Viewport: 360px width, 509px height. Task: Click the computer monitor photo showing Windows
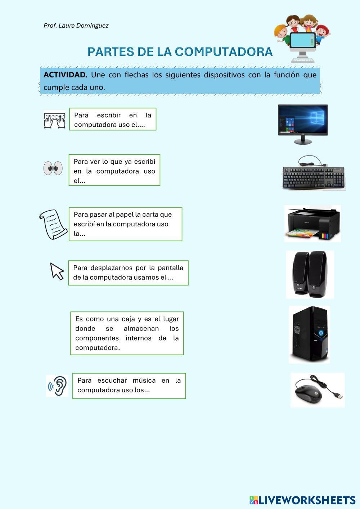[303, 124]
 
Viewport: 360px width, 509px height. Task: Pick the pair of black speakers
[310, 274]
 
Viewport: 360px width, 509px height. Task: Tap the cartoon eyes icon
[53, 168]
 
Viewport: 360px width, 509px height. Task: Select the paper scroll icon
[53, 224]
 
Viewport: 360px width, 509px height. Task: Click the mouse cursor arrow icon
[57, 271]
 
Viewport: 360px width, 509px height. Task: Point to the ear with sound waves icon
[58, 386]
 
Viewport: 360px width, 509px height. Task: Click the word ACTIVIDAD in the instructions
[66, 75]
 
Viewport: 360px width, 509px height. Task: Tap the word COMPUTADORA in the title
[224, 51]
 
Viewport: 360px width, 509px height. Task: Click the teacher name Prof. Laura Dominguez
[76, 26]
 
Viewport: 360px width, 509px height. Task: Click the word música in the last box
[144, 380]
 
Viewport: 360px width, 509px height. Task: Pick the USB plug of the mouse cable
[339, 396]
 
